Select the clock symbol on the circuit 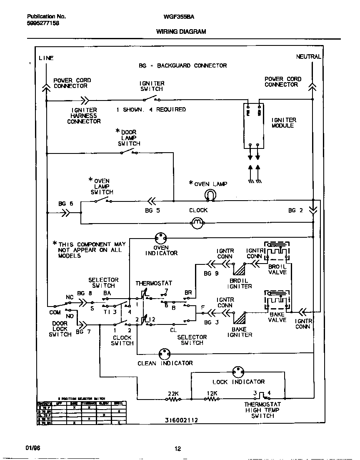[197, 224]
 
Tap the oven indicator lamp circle [161, 239]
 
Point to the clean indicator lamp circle [165, 353]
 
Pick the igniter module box [254, 125]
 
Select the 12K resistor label [212, 393]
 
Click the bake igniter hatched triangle [239, 319]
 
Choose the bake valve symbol [277, 301]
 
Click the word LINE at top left [46, 58]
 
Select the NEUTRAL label [308, 57]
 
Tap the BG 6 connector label [65, 204]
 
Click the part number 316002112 [181, 420]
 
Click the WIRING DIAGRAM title [181, 31]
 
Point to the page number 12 [177, 449]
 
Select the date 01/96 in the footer [32, 448]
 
